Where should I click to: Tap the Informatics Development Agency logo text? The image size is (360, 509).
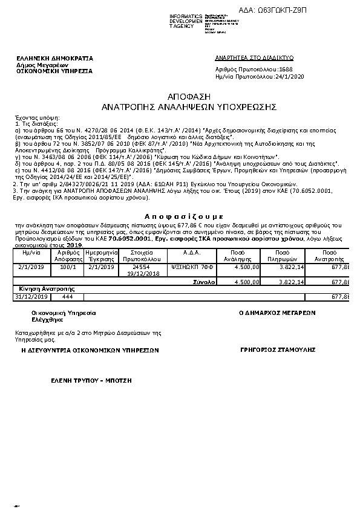point(186,21)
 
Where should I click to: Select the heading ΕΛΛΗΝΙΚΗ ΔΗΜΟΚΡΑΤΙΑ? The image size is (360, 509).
point(55,58)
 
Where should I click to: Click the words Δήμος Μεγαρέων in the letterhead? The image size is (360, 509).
point(42,65)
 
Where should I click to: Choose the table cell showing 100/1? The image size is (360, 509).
point(68,265)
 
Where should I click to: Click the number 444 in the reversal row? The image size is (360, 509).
point(68,296)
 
